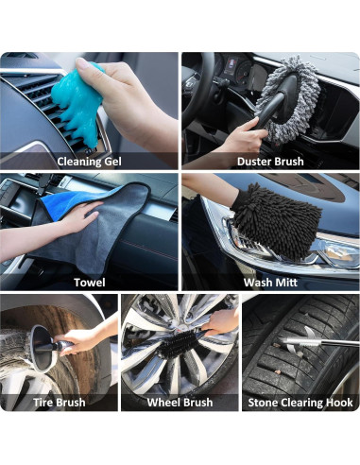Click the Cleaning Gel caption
coord(90,161)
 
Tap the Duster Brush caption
coord(270,161)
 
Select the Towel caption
coord(90,282)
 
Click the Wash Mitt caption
coord(270,282)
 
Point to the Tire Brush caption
coord(59,403)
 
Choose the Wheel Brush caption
coord(180,403)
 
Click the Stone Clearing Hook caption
coord(300,403)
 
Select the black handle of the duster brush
coord(268,118)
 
